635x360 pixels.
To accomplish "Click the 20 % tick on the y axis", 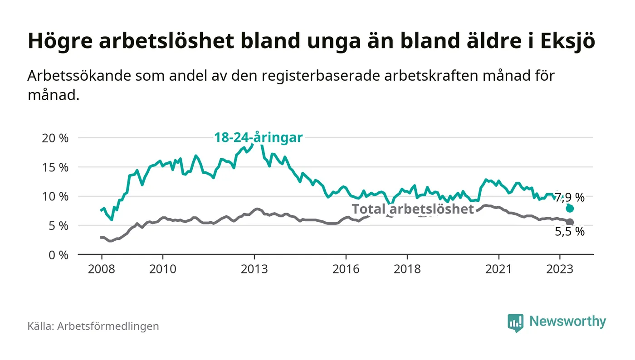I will coord(55,138).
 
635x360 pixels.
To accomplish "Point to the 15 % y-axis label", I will coord(55,167).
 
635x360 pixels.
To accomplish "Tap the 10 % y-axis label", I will coord(55,196).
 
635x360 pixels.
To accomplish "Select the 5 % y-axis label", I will coord(58,226).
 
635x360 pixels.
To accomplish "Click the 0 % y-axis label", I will coord(58,255).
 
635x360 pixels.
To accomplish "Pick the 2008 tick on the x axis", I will coord(101,268).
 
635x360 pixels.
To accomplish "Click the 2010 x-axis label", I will coord(162,268).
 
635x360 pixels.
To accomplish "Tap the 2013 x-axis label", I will coord(254,268).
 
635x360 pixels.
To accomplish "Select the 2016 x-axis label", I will coord(346,268).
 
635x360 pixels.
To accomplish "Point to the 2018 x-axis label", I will coord(407,268).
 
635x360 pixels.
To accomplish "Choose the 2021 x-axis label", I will coord(499,268).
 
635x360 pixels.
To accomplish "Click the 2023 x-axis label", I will coord(560,268).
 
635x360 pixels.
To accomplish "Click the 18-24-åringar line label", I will coord(258,137).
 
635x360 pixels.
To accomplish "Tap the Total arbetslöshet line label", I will coord(413,209).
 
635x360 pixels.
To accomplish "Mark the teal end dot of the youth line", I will coord(570,209).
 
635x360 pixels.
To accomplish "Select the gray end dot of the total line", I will coord(570,222).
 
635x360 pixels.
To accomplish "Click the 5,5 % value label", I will coord(570,232).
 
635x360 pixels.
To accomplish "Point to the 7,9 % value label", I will coord(570,197).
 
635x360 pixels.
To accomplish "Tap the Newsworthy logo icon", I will coord(515,322).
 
